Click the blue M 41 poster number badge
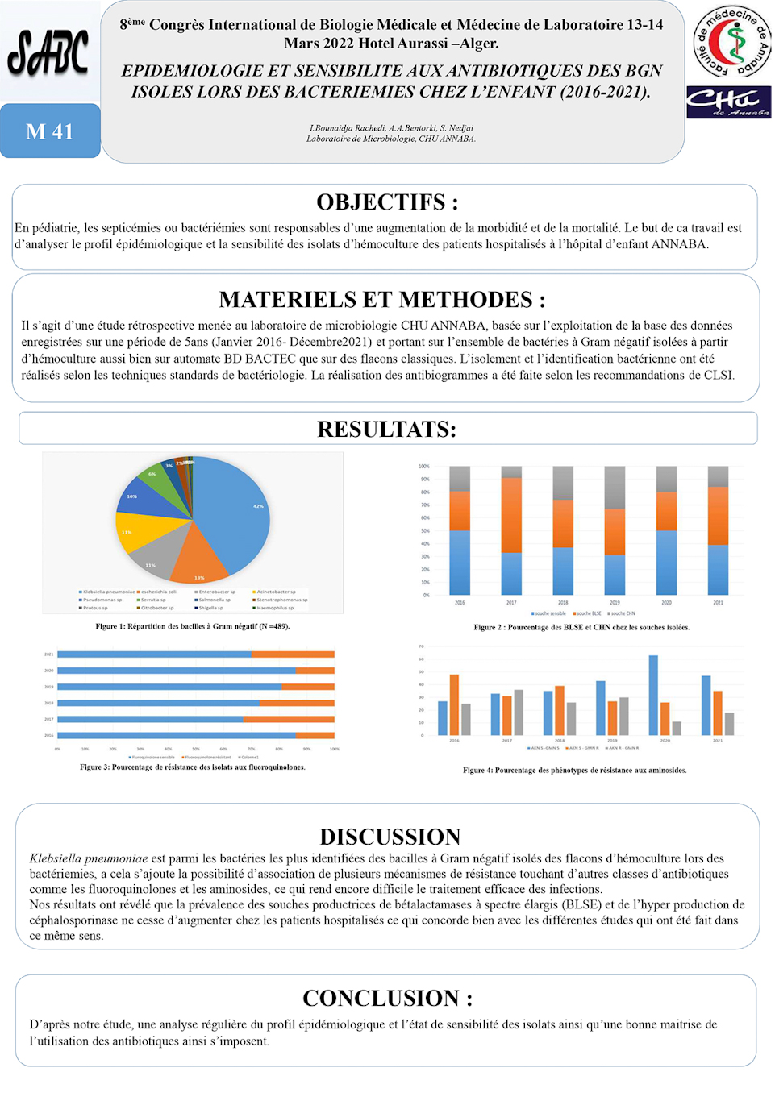coord(50,131)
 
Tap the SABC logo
coord(48,53)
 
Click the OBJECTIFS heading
coord(387,202)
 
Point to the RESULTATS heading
coord(387,429)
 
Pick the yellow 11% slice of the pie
coord(145,532)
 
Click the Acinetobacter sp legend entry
coord(274,592)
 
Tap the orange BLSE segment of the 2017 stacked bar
coord(511,515)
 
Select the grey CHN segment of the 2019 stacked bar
coord(615,488)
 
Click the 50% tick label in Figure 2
coord(424,531)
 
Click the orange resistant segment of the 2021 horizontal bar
coord(293,654)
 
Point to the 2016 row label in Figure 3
coord(49,735)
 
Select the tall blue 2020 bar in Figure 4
coord(653,695)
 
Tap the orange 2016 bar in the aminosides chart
coord(455,704)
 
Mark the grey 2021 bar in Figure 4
coord(729,724)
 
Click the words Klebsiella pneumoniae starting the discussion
coord(89,858)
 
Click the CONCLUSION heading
coord(387,998)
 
